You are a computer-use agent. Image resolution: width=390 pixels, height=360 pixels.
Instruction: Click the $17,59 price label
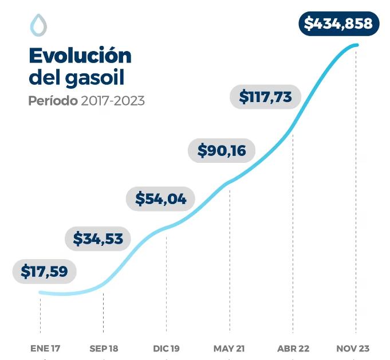pyautogui.click(x=44, y=271)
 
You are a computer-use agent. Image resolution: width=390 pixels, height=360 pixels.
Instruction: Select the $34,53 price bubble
pyautogui.click(x=99, y=238)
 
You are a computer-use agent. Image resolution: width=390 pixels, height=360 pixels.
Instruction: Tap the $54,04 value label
pyautogui.click(x=160, y=198)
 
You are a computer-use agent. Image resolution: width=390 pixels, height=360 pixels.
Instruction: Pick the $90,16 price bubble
pyautogui.click(x=222, y=150)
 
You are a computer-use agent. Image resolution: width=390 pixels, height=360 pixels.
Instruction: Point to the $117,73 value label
pyautogui.click(x=265, y=96)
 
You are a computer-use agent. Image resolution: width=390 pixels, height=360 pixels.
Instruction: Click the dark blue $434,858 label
pyautogui.click(x=338, y=24)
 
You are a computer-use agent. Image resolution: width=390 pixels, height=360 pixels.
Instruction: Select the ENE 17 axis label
pyautogui.click(x=45, y=348)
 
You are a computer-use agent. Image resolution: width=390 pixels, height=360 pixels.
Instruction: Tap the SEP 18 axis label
pyautogui.click(x=104, y=348)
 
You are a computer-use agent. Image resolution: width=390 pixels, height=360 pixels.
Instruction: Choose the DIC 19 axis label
pyautogui.click(x=167, y=348)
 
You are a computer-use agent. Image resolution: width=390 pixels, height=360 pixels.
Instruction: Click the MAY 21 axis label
pyautogui.click(x=230, y=348)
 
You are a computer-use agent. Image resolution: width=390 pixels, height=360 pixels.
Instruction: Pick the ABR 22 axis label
pyautogui.click(x=293, y=348)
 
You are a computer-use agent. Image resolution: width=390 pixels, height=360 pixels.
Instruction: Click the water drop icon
pyautogui.click(x=38, y=25)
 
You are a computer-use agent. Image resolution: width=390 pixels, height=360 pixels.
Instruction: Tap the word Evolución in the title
pyautogui.click(x=80, y=56)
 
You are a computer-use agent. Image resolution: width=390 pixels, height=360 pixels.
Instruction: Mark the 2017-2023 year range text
pyautogui.click(x=112, y=100)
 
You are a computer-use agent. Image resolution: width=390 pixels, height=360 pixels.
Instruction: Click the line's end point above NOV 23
pyautogui.click(x=357, y=45)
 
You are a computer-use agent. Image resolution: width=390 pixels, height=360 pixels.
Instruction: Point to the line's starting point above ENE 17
pyautogui.click(x=40, y=292)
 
